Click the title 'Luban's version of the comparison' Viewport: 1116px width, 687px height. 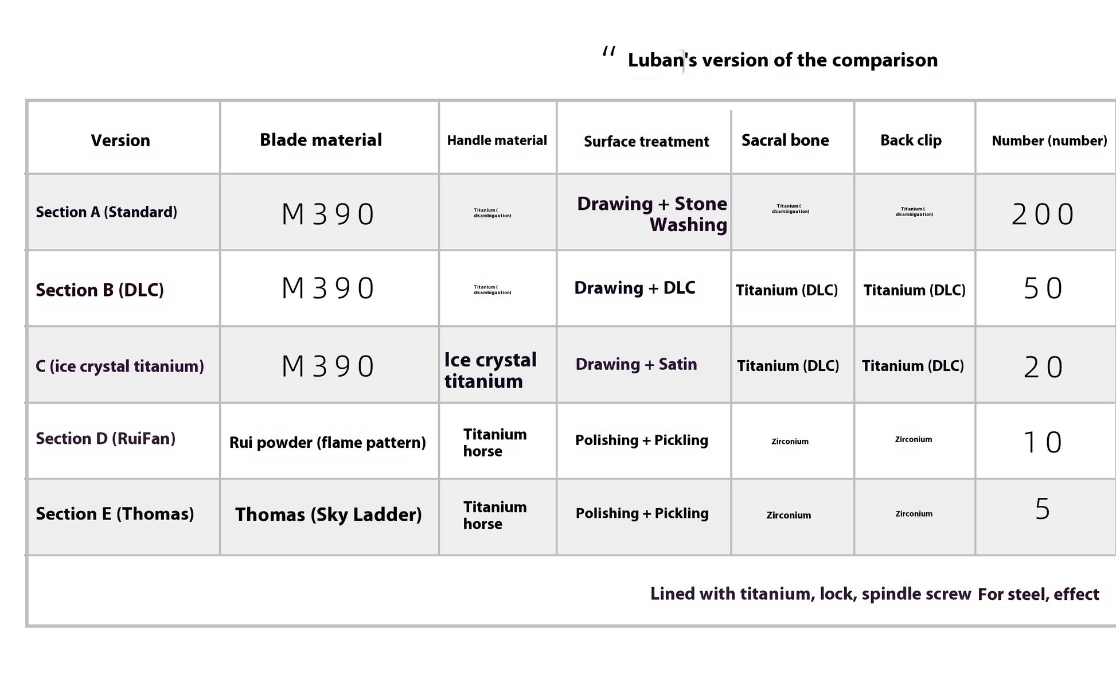tap(782, 60)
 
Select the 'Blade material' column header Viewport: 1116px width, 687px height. tap(321, 140)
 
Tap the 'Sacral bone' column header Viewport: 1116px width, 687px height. tap(785, 140)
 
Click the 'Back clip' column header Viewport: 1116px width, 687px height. tap(911, 140)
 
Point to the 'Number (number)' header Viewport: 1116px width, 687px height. tap(1049, 141)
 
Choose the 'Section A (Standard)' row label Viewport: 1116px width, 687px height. tap(106, 212)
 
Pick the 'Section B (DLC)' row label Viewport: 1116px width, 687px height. tap(100, 290)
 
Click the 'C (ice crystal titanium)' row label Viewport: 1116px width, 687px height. tap(119, 366)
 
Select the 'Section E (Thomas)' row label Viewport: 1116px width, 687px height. tap(115, 514)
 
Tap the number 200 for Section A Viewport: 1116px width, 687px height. tap(1043, 214)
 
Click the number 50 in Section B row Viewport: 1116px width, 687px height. tap(1043, 288)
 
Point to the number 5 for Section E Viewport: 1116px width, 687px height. tap(1043, 509)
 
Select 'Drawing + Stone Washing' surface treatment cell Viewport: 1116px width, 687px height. tap(652, 214)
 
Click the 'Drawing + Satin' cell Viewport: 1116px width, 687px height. tap(636, 364)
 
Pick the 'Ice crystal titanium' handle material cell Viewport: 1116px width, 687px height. tap(490, 370)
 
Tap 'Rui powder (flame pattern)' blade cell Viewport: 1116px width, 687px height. tap(327, 443)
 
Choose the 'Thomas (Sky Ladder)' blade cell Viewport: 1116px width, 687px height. tap(328, 514)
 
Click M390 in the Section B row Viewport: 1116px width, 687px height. tap(327, 288)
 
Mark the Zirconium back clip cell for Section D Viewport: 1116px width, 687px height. tap(914, 440)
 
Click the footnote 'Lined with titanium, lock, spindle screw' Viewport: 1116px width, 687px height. tap(810, 594)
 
